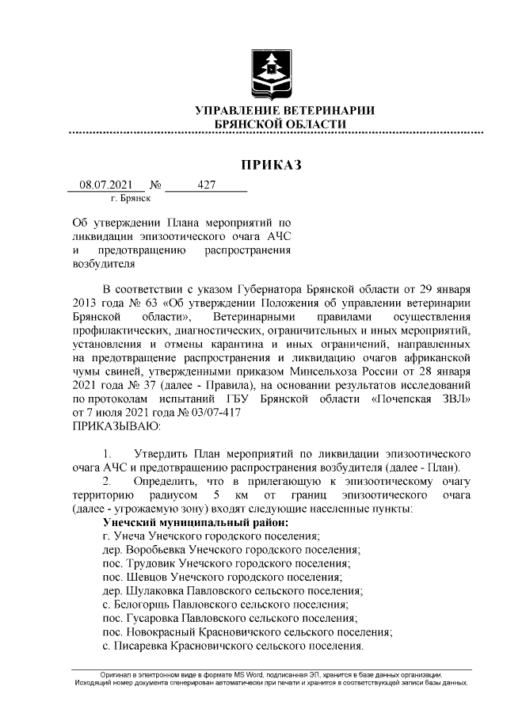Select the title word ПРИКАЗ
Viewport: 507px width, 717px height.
(x=272, y=165)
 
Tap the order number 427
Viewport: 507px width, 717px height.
(x=207, y=185)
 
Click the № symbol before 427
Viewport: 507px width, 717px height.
(x=155, y=185)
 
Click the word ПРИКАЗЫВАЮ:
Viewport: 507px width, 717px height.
(x=116, y=425)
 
